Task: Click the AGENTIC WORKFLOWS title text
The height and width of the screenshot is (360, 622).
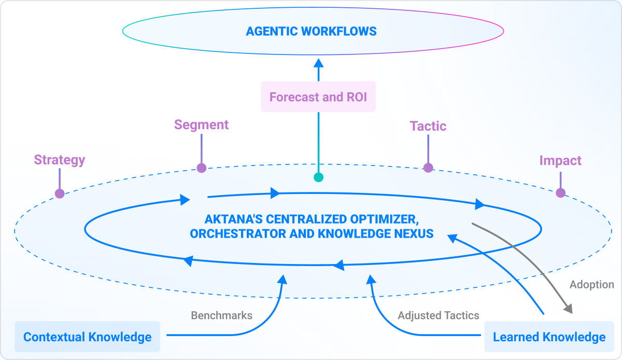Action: pos(311,31)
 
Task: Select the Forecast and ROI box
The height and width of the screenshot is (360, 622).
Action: pos(318,97)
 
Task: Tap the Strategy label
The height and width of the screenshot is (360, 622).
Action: pos(60,160)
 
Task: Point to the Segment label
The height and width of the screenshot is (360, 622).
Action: pos(201,125)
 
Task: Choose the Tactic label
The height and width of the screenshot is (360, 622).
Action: pos(428,126)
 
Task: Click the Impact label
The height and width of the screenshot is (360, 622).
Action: pos(560,160)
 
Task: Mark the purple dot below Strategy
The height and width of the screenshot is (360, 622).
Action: pos(60,193)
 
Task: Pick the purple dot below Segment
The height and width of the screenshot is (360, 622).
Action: pos(202,168)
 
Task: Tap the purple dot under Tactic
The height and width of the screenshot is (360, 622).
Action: pos(428,168)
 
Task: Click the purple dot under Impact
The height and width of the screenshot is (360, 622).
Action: pos(560,193)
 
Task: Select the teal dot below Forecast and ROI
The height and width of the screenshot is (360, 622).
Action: pos(319,177)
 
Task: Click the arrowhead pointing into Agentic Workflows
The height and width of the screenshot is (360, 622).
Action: pos(319,63)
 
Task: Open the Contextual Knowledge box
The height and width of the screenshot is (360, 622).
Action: pos(88,337)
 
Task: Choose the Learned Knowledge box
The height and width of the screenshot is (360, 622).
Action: pos(549,337)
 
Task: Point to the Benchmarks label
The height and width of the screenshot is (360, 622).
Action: pos(221,315)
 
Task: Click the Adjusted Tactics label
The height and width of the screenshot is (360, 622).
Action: pos(439,315)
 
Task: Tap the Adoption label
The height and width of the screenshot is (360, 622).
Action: pos(591,285)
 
